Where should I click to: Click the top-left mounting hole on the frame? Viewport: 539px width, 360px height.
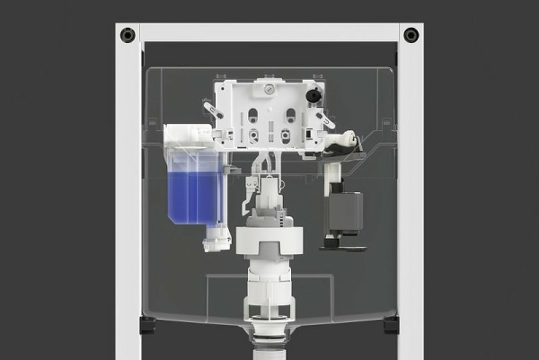[127, 35]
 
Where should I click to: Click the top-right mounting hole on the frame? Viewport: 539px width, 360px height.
[411, 35]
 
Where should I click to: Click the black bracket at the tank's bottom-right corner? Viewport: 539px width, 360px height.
[391, 323]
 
